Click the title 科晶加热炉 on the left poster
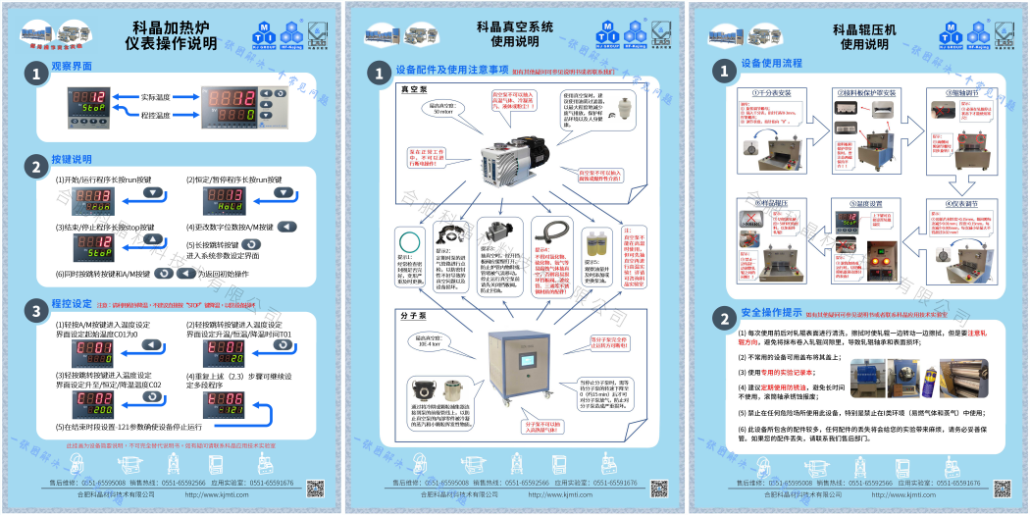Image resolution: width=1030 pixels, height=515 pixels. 175,28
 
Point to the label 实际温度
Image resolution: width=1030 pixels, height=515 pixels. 155,97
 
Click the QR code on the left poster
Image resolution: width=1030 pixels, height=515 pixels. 315,488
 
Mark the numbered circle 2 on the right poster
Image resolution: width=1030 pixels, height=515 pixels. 724,319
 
